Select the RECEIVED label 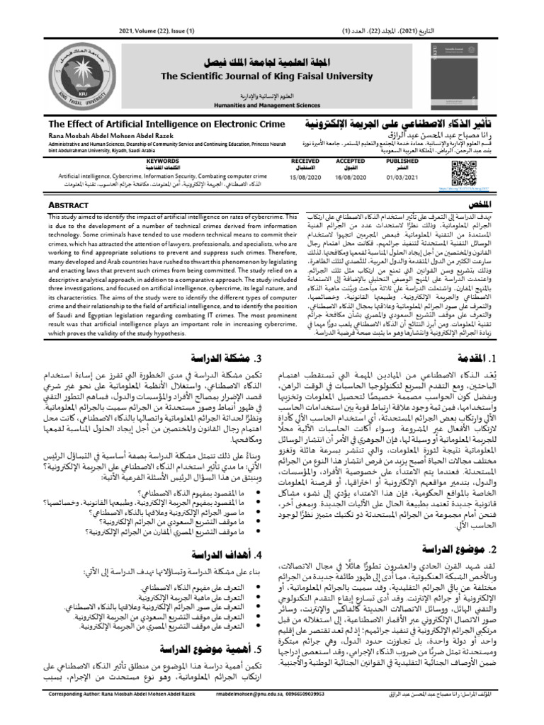tap(305, 161)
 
